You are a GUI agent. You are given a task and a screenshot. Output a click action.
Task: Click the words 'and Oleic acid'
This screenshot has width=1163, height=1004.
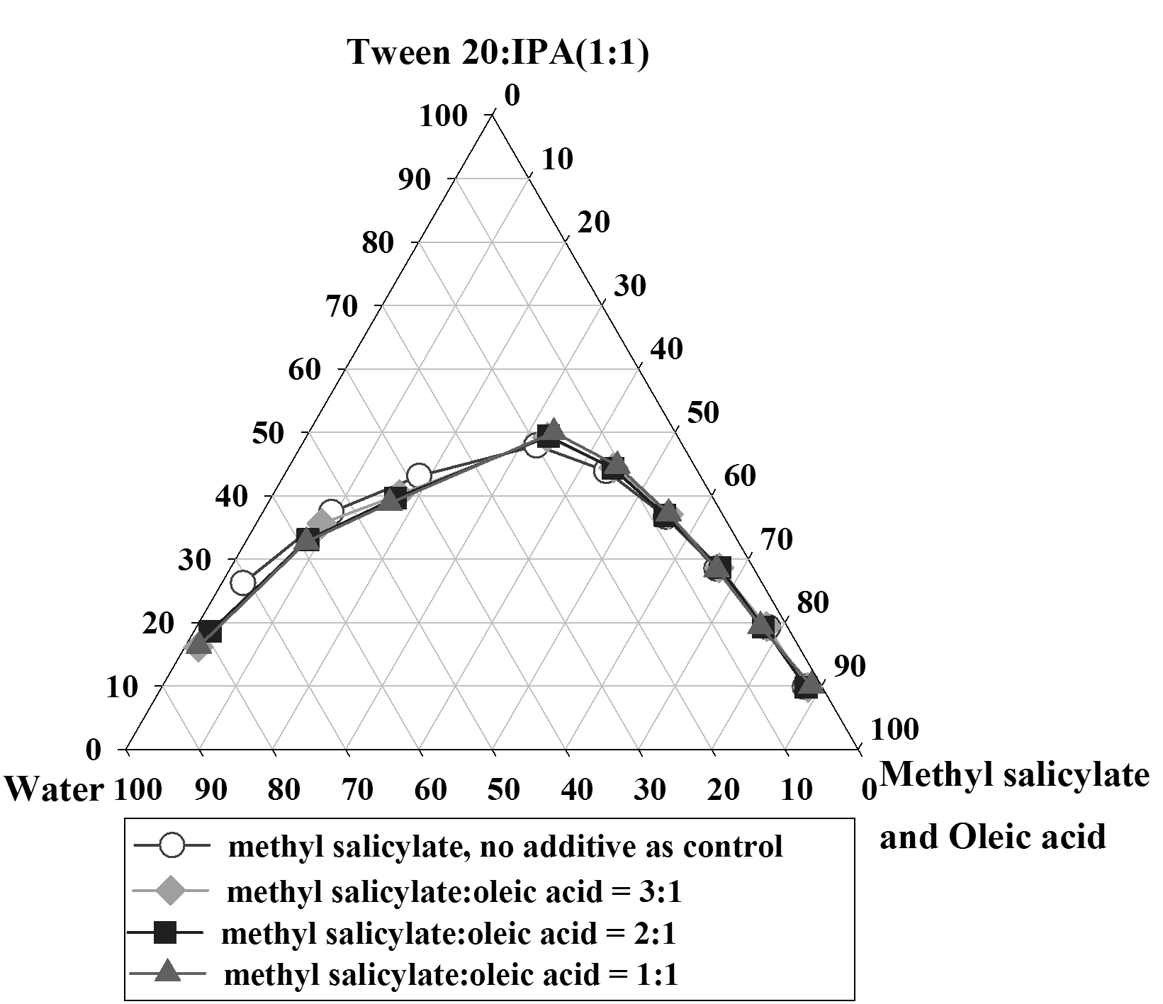pos(992,837)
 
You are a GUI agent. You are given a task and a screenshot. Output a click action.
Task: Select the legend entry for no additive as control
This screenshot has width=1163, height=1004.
pos(505,847)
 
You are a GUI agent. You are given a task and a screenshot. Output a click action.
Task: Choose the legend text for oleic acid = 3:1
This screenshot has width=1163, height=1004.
pos(454,893)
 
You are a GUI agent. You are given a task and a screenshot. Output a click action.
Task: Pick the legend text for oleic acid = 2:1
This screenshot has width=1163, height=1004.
pos(449,934)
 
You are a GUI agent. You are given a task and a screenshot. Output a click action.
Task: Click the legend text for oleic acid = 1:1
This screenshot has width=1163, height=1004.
pos(451,976)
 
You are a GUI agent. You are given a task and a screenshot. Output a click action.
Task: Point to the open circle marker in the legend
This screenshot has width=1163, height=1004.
pos(172,846)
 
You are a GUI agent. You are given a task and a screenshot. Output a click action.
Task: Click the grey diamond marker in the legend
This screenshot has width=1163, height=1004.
pos(169,892)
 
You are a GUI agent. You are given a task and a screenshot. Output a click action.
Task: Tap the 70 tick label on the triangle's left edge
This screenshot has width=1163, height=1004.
pos(341,307)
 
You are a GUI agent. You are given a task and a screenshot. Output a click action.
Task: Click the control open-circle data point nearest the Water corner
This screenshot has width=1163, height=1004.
pos(243,583)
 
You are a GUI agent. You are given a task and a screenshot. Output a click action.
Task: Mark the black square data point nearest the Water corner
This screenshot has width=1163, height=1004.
pos(210,631)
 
